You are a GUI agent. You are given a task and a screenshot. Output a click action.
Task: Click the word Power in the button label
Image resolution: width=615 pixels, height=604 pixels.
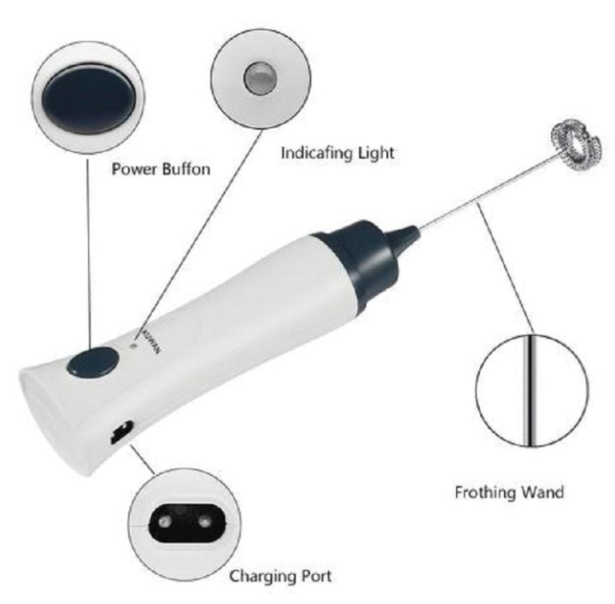click(134, 169)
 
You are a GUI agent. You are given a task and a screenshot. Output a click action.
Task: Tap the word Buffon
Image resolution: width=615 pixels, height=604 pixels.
click(185, 169)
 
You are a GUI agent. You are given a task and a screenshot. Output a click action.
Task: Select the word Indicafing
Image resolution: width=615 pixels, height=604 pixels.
click(312, 153)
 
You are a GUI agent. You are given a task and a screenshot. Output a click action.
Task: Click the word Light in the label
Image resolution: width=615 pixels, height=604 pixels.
click(371, 153)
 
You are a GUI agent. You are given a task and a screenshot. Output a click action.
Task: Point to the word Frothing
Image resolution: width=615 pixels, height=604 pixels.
click(484, 492)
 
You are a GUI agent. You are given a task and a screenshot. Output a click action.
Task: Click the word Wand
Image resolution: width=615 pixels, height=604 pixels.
click(542, 492)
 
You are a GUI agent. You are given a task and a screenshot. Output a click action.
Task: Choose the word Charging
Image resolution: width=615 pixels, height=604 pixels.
click(263, 577)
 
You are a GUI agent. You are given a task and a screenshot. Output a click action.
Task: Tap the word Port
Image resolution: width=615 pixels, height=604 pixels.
click(317, 577)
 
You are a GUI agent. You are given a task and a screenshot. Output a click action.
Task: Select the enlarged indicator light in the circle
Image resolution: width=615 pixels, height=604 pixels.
click(261, 79)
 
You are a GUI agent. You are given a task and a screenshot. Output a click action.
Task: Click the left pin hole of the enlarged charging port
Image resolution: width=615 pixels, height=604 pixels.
click(162, 522)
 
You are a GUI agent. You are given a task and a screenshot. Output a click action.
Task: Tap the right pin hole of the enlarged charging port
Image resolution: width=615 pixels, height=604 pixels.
click(204, 522)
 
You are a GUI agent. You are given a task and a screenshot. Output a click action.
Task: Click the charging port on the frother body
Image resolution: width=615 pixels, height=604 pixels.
click(121, 431)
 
